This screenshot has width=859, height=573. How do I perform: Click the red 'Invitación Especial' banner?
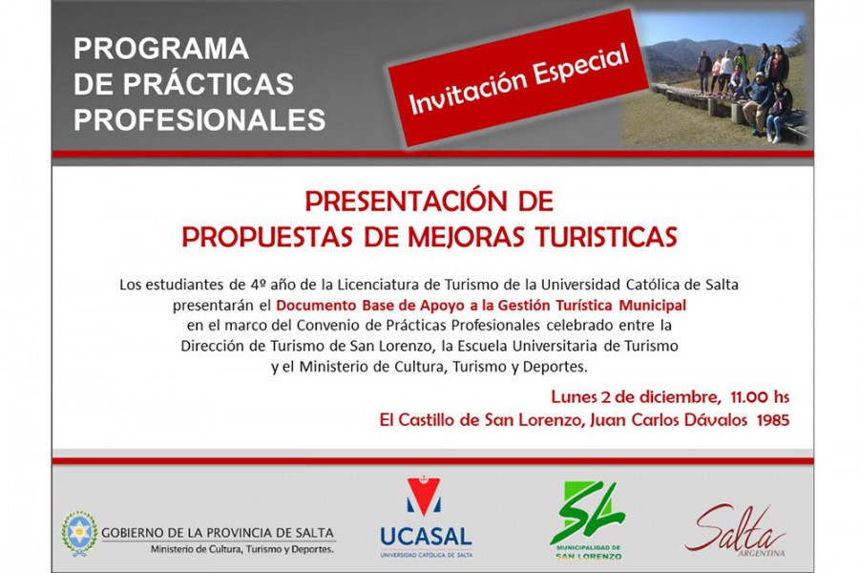pos(518,78)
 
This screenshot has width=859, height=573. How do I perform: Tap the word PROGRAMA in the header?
pos(161,49)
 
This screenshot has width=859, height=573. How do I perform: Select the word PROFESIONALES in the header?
pos(199,119)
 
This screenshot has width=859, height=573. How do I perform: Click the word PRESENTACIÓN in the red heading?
pos(400,201)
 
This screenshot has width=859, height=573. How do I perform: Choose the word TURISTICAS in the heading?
pos(606,237)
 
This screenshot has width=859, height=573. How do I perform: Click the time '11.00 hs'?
pos(760,396)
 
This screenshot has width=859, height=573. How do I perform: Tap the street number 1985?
pos(773,420)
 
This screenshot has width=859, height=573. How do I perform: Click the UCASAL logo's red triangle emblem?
pos(424,497)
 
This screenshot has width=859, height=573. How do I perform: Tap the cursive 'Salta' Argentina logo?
pos(735,528)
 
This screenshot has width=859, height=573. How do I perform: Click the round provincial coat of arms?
pos(79,533)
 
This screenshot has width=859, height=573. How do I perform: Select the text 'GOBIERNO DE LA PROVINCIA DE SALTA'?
pos(218,533)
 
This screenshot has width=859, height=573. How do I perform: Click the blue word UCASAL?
pos(427,537)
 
